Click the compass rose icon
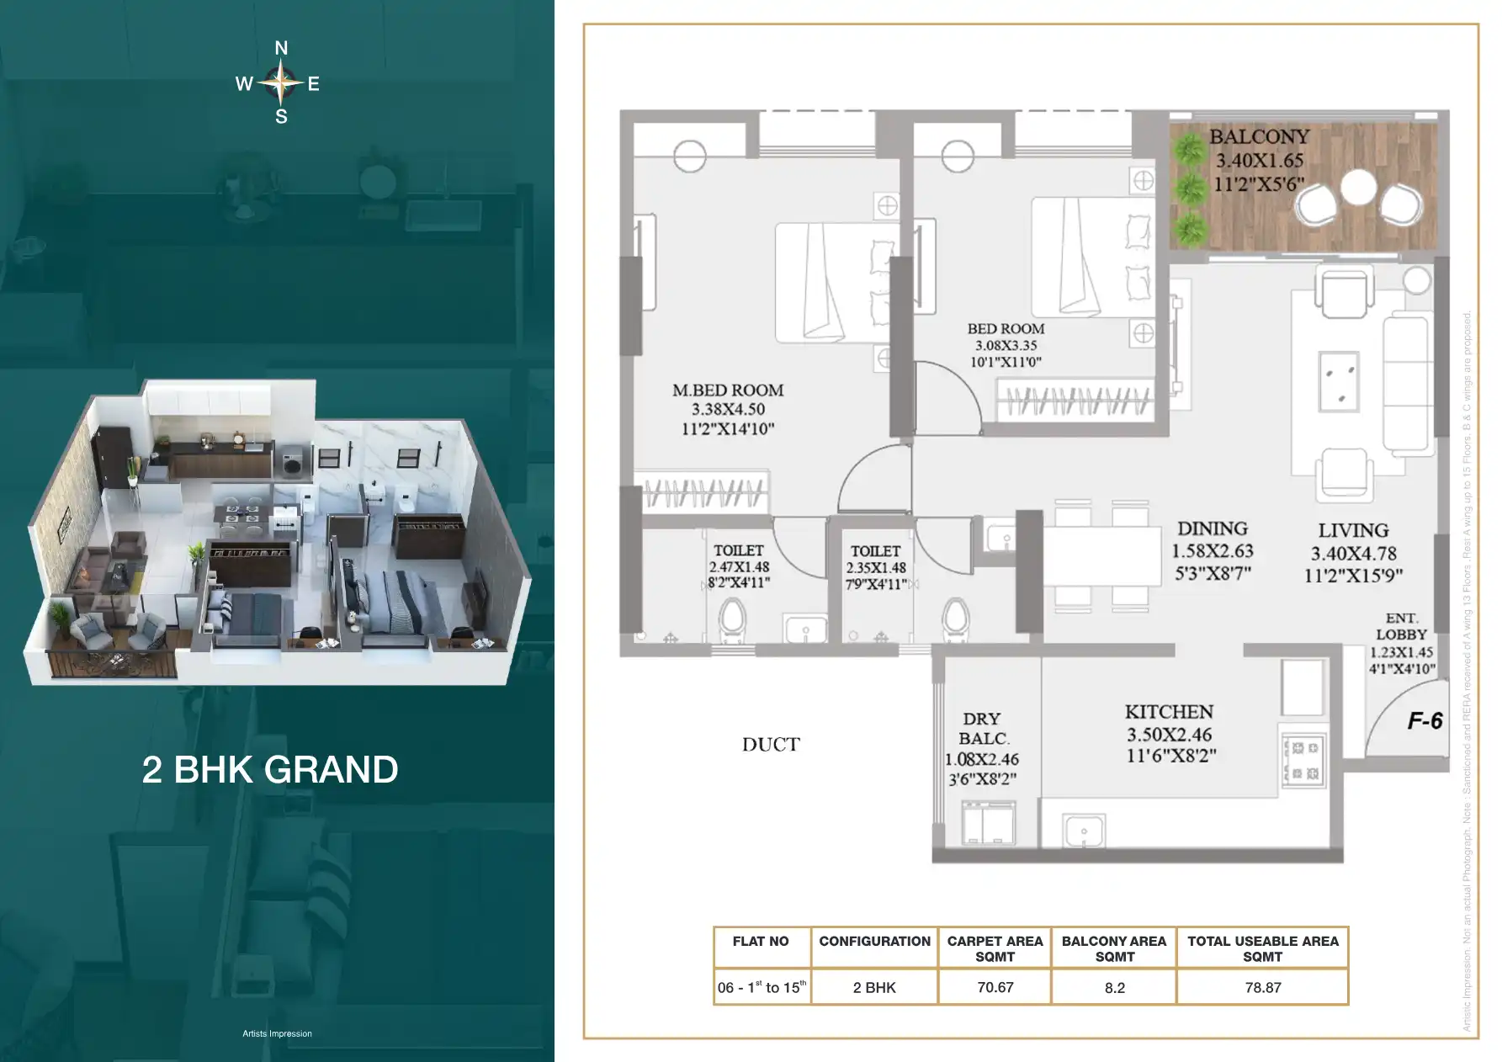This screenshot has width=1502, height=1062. click(281, 82)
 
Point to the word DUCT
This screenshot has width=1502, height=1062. click(771, 745)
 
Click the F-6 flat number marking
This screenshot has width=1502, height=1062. click(1425, 720)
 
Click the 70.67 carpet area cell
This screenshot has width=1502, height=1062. click(995, 987)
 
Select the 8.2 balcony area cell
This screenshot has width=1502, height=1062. click(1114, 987)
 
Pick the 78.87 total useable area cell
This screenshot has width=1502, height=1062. click(1262, 987)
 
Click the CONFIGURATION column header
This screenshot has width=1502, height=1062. click(874, 941)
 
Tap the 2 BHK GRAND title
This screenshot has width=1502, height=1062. click(270, 769)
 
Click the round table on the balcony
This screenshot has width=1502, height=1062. click(1358, 188)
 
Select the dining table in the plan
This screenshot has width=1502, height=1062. click(1102, 555)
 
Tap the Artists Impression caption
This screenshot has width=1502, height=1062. click(277, 1033)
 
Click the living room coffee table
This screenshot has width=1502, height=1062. click(1338, 379)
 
